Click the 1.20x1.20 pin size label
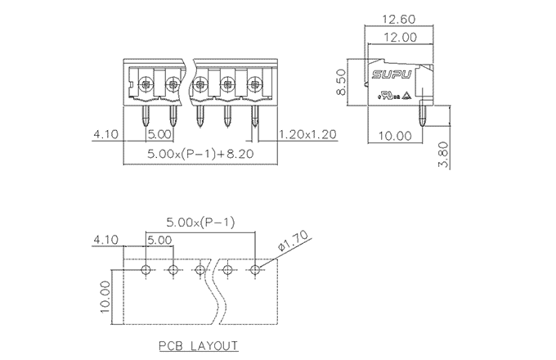click(x=308, y=134)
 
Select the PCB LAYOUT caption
click(x=200, y=344)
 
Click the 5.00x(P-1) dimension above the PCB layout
click(x=200, y=222)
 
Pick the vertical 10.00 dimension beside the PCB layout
click(x=105, y=295)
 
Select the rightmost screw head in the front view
click(x=255, y=83)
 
